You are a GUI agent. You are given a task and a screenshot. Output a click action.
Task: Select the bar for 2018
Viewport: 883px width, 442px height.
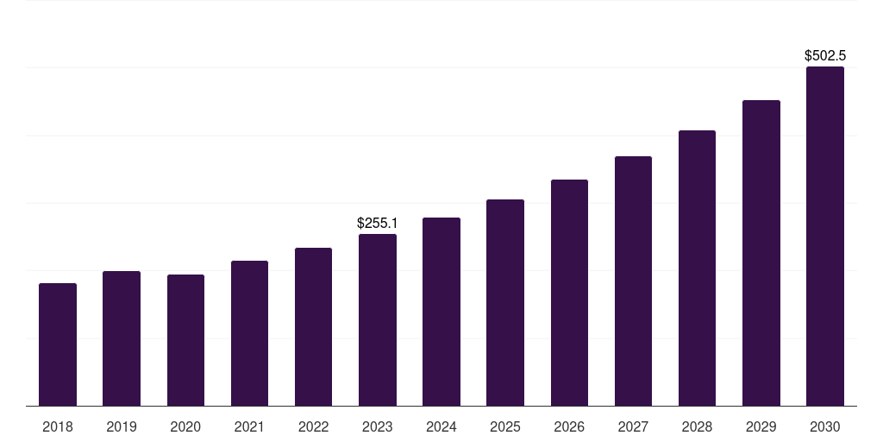[x=58, y=344]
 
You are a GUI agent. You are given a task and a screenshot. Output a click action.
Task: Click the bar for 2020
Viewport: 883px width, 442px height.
[x=185, y=340]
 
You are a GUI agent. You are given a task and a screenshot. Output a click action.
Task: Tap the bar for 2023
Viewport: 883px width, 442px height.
[x=378, y=319]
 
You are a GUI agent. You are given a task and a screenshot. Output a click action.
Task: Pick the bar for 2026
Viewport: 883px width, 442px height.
[x=569, y=293]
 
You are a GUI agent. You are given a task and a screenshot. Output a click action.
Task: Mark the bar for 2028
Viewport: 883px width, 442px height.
[x=697, y=268]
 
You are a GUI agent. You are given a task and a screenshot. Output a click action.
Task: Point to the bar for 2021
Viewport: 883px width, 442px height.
[x=249, y=333]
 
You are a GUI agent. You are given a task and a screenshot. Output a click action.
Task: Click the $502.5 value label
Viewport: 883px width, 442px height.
[x=825, y=56]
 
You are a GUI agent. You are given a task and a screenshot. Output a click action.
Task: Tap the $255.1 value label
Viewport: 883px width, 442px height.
[x=378, y=224]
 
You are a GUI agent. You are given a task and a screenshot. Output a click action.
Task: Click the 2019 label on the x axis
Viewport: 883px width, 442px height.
[x=122, y=427]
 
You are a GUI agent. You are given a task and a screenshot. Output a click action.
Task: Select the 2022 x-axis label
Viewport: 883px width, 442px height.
[x=314, y=427]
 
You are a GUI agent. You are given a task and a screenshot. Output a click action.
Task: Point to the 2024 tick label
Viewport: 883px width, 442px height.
[x=441, y=427]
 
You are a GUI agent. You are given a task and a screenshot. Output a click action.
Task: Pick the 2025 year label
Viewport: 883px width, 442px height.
[x=505, y=427]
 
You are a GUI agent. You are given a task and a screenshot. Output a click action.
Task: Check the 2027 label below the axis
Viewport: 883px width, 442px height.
[x=633, y=427]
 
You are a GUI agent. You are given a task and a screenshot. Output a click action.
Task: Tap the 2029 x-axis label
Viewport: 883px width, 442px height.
[x=761, y=427]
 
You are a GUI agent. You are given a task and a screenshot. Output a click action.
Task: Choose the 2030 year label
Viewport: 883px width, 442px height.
[x=825, y=427]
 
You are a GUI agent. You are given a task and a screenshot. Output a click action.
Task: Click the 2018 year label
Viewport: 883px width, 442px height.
[x=58, y=427]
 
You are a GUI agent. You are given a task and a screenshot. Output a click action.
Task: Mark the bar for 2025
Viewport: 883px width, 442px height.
[x=505, y=302]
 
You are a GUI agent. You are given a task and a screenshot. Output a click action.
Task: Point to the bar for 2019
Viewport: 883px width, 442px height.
[x=122, y=338]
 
